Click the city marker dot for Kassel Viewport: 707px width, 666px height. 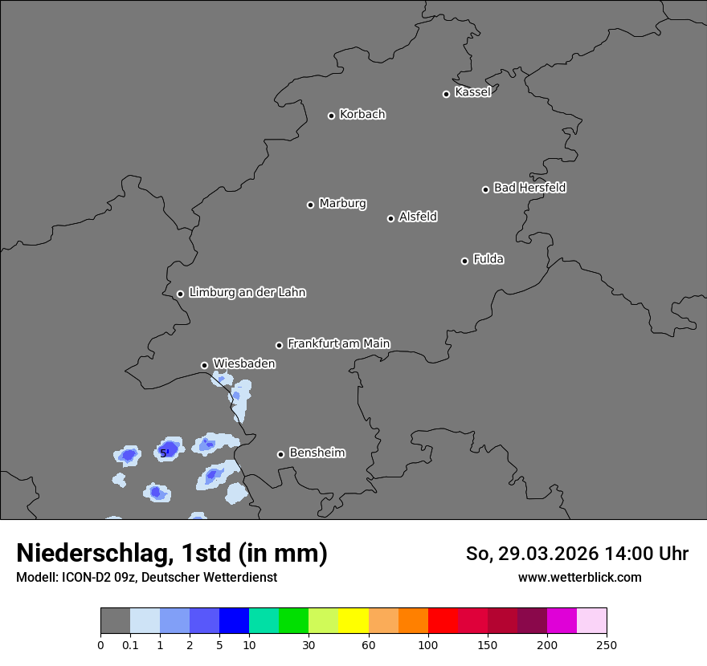point(446,94)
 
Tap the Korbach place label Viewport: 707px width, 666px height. point(362,115)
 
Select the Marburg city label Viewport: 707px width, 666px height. point(342,204)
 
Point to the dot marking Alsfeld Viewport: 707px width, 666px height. point(390,218)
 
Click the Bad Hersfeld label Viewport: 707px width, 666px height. point(529,188)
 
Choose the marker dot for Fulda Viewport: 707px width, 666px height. point(464,261)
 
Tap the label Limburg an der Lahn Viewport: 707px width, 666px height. point(247,293)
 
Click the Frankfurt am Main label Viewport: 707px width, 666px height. point(338,343)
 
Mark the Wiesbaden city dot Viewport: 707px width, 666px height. point(204,365)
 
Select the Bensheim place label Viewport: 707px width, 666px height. point(317,453)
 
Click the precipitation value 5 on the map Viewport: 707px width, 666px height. point(164,453)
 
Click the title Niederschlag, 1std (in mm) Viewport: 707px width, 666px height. point(172,554)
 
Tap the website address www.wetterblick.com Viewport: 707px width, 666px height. point(579,577)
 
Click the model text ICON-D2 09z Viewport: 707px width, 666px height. point(92,577)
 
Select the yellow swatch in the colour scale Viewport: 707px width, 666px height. point(353,621)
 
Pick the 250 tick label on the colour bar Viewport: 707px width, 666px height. point(607,644)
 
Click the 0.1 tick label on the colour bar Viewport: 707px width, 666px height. point(130,644)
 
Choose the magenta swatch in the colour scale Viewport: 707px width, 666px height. point(562,621)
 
